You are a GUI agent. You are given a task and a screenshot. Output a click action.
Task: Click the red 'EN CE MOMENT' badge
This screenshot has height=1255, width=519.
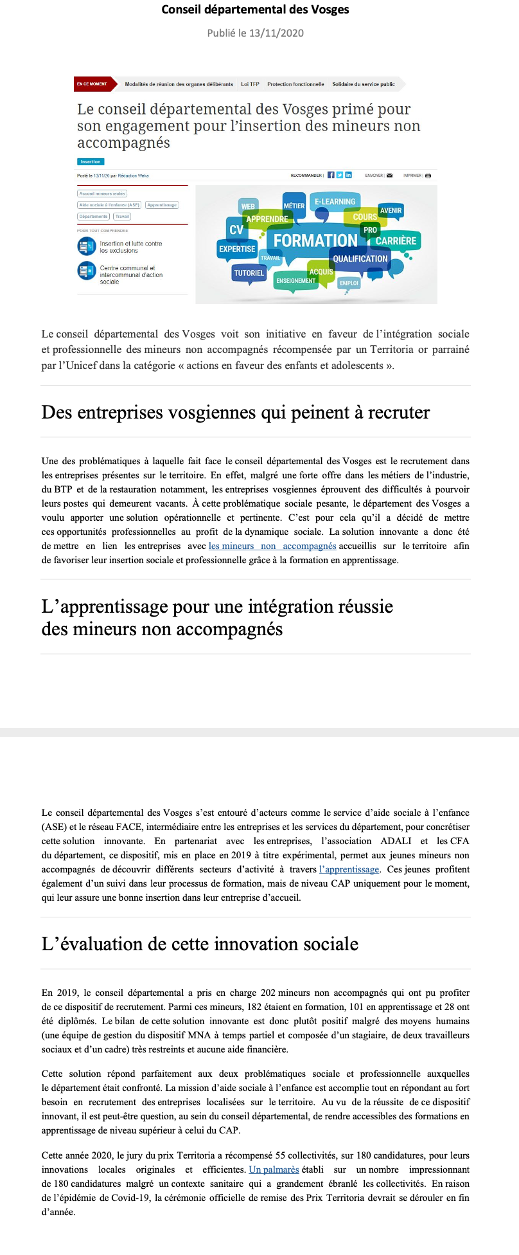coord(92,84)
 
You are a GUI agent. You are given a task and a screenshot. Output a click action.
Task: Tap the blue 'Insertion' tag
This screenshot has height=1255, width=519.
coord(91,162)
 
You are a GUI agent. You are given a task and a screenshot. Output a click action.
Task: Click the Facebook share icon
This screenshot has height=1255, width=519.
coord(331,176)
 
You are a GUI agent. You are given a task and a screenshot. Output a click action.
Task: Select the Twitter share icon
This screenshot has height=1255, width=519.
coord(340,176)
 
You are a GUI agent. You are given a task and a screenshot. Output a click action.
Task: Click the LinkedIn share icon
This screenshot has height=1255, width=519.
coord(348,176)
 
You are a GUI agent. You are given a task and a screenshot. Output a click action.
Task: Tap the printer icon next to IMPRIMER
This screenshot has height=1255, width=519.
coord(428,176)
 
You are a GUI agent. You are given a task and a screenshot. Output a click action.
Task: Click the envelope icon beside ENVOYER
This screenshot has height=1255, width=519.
coord(389,176)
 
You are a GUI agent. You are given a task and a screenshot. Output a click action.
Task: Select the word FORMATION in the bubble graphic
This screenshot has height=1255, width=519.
coord(315,240)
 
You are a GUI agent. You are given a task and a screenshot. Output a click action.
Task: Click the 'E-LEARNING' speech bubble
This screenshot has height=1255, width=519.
coord(335,202)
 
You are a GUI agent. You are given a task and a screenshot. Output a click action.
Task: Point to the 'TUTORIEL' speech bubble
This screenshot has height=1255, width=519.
coord(249,273)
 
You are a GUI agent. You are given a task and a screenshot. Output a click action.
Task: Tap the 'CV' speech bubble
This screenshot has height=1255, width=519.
coord(236,230)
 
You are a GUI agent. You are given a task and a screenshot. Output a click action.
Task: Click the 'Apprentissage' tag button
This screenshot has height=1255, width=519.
coord(161,205)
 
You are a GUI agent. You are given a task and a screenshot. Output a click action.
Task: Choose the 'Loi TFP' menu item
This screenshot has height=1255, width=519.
coord(250,84)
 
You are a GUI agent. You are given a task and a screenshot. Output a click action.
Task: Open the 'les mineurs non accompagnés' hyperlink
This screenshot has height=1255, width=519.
coord(272,546)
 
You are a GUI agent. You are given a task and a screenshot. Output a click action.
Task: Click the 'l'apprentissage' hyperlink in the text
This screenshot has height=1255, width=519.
coord(349,869)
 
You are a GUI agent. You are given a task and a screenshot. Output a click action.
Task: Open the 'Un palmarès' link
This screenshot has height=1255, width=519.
coord(274,1169)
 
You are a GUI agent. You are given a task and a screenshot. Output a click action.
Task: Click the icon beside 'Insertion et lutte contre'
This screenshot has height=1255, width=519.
coord(86,246)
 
